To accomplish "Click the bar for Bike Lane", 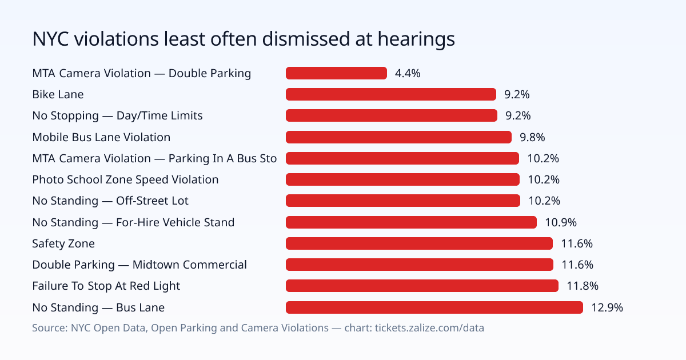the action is coord(391,94).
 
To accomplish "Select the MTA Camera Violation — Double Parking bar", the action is coord(336,73).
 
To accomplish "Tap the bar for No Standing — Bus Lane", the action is coord(434,307).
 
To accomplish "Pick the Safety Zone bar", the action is coord(419,243).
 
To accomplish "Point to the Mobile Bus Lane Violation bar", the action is coord(399,137).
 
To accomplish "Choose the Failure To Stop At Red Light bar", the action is coord(422,286).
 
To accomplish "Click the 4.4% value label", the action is coord(408,74).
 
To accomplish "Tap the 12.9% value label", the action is coord(607,307).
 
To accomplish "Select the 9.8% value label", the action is coord(532,138).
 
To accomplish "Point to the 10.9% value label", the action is coord(561,222).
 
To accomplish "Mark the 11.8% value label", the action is coord(583,286).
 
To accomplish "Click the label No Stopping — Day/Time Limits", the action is coord(117,115).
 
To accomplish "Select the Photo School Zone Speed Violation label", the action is coord(125,179).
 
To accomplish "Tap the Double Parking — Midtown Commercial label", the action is coord(139,265).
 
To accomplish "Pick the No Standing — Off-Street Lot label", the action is coord(110,201).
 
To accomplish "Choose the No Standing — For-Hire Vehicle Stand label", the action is coord(133,222).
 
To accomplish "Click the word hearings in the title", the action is coord(416,39).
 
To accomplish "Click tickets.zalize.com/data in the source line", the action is coord(429,328).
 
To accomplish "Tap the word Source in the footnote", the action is coord(49,328).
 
